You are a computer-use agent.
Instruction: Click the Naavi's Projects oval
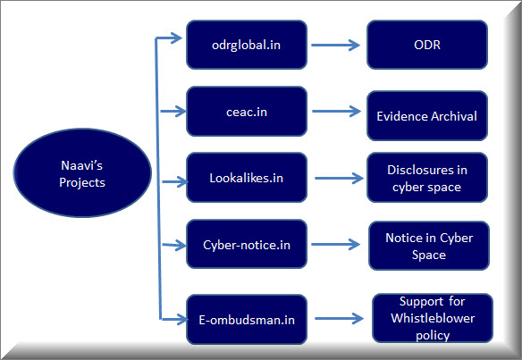[x=82, y=173]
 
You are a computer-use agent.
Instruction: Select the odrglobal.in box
[x=247, y=45]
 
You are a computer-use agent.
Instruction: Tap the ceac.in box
[x=247, y=112]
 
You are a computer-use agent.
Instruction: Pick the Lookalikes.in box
[x=247, y=178]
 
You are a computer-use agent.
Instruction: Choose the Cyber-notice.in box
[x=247, y=244]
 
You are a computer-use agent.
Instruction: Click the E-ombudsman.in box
[x=247, y=320]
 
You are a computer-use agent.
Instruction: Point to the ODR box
[x=427, y=45]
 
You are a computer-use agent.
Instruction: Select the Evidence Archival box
[x=427, y=116]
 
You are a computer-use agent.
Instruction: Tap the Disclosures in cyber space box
[x=427, y=178]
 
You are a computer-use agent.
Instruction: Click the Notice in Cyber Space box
[x=429, y=246]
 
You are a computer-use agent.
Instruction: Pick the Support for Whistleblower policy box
[x=433, y=318]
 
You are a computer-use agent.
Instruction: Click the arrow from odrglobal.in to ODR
[x=335, y=45]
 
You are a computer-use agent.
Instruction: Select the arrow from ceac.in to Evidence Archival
[x=337, y=111]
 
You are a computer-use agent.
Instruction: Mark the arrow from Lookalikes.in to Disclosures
[x=340, y=178]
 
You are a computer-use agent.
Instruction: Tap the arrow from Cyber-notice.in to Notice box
[x=335, y=245]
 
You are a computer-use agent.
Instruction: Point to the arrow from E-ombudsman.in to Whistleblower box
[x=340, y=318]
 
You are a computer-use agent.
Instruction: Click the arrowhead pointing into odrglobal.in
[x=176, y=38]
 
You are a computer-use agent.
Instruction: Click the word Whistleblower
[x=433, y=318]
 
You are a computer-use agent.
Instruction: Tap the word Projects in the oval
[x=82, y=182]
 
